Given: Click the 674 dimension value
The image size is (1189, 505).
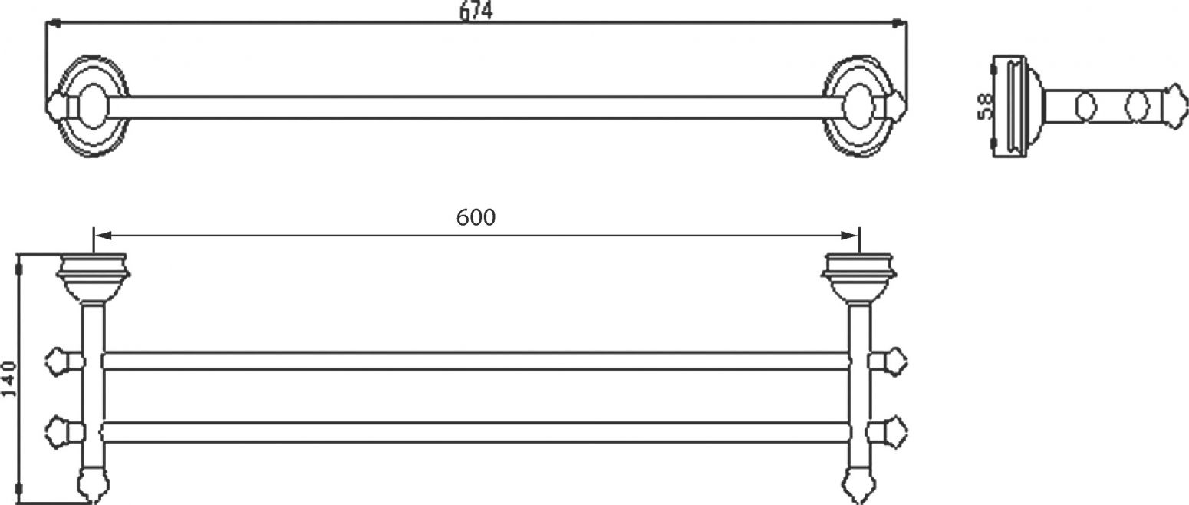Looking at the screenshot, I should coord(476,11).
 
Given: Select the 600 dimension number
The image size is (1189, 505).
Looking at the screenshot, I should coord(476,218).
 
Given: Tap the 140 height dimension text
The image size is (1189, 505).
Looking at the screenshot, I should coord(10,378).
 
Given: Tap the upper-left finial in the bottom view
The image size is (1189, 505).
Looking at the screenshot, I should coord(58,358).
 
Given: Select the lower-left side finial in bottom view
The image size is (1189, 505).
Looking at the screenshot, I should coord(58,427).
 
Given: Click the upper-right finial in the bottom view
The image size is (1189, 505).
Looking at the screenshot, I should coord(896,358).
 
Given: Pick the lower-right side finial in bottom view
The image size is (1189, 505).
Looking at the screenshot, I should coord(896,427).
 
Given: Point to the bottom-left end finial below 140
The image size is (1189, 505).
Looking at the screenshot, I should coord(92,487).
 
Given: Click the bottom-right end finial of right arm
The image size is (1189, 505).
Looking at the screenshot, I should coord(858,487).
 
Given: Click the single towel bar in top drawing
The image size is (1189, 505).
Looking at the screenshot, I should coord(476,107).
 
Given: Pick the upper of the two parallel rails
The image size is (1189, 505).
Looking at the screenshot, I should coord(476,361).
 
